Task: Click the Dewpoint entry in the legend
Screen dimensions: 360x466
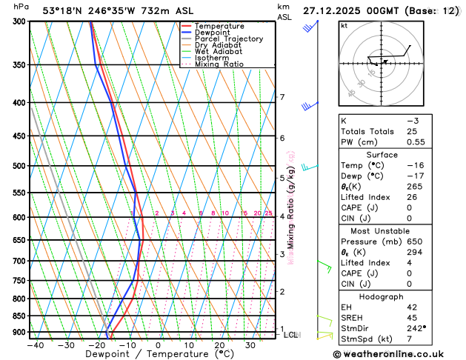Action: (x=213, y=33)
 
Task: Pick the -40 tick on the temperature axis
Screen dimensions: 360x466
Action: (x=35, y=345)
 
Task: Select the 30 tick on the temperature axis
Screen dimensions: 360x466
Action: (x=250, y=345)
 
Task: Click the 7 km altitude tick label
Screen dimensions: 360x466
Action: (x=282, y=97)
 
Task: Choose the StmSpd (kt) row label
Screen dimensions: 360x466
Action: (x=366, y=339)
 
